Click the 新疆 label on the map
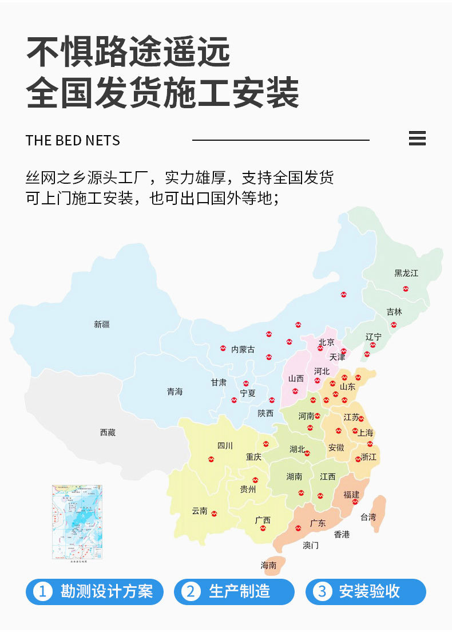[x=102, y=325]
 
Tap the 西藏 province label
[x=108, y=433]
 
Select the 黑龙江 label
[x=406, y=274]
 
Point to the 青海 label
[x=175, y=392]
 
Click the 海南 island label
[x=269, y=566]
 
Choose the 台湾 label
[x=368, y=518]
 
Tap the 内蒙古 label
[x=243, y=349]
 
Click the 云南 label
[x=200, y=511]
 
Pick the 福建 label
[x=351, y=495]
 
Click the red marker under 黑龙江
[x=406, y=289]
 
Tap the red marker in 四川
[x=211, y=459]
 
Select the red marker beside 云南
[x=214, y=513]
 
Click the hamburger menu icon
[x=418, y=139]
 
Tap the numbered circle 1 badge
[x=42, y=592]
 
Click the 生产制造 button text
[x=239, y=592]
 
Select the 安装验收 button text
[x=369, y=592]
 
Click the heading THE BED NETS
[x=73, y=141]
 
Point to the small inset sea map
[x=77, y=522]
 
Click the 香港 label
[x=342, y=535]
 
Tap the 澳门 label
[x=311, y=546]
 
